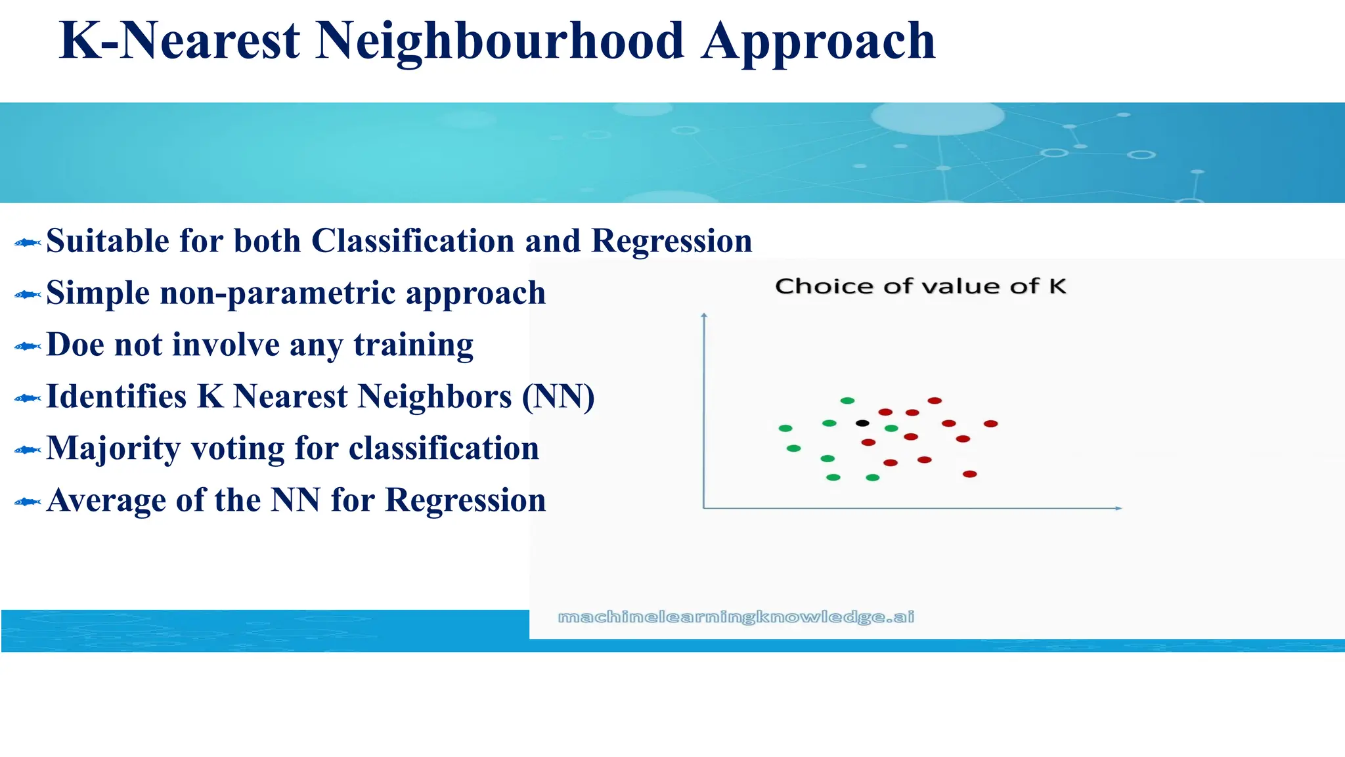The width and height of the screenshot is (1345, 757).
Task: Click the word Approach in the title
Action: (818, 41)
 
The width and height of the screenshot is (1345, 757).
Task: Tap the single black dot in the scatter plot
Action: (862, 423)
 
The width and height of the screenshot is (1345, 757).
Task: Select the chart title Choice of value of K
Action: (920, 286)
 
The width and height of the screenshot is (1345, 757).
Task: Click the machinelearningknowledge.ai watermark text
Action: (736, 616)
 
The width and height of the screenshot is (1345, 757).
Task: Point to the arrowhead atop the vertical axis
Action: (704, 316)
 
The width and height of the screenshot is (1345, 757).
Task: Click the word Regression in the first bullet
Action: (671, 241)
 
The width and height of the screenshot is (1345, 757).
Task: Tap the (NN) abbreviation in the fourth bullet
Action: (558, 397)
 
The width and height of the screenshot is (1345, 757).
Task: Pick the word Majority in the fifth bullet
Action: (113, 448)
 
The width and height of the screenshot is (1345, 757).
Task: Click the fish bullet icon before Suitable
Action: (28, 243)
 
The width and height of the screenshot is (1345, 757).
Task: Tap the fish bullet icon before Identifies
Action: (28, 399)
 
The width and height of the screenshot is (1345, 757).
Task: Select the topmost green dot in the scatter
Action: (847, 400)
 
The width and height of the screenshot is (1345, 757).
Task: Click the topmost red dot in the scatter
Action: (935, 400)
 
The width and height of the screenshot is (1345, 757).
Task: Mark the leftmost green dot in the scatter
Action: (785, 428)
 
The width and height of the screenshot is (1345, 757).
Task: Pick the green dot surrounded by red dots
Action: (891, 428)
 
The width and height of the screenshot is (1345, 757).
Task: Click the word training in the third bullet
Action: (413, 345)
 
